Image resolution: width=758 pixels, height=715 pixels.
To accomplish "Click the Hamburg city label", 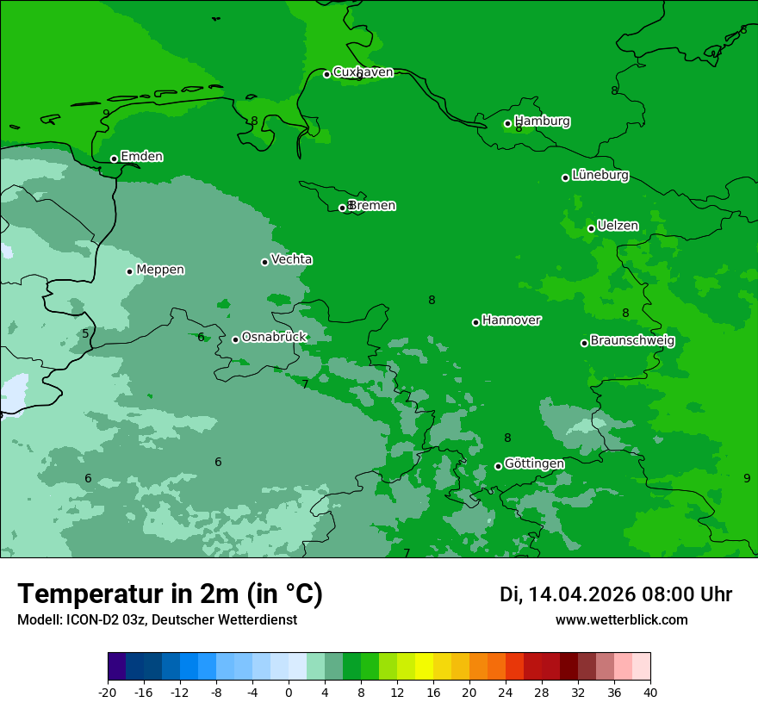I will pos(542,121).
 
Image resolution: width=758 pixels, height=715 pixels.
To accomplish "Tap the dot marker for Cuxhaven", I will pos(326,74).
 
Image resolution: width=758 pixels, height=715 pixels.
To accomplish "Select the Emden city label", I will pos(141,157).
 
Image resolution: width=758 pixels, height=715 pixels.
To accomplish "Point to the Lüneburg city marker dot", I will pos(565,177).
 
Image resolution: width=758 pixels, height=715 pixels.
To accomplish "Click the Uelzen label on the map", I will pos(618,226).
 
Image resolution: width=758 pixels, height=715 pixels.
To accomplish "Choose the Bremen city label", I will pos(372,206).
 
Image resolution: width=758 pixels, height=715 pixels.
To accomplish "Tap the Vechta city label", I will pos(291,259).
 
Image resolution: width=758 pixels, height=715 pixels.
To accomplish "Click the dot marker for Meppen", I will pos(129,271).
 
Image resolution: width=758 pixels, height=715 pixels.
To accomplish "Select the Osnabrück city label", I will pos(274,337).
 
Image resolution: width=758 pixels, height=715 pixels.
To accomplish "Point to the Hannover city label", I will pos(511,320).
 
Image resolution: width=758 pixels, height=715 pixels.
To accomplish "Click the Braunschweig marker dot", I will pos(584,343).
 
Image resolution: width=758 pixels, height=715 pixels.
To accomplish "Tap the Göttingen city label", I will pos(534,463).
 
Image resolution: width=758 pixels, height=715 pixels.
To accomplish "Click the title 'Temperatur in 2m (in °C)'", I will pos(170,594).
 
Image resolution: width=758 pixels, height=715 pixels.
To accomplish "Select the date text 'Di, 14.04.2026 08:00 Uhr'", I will pos(615,594).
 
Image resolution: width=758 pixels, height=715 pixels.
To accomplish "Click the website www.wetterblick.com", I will pos(621,620).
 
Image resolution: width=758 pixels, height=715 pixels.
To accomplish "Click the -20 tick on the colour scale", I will pos(108,693).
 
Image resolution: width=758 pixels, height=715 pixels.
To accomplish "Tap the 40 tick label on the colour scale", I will pos(650,693).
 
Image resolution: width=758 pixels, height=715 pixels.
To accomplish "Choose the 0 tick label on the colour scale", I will pos(289,693).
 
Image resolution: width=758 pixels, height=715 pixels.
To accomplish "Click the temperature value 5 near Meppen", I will pos(85,334).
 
